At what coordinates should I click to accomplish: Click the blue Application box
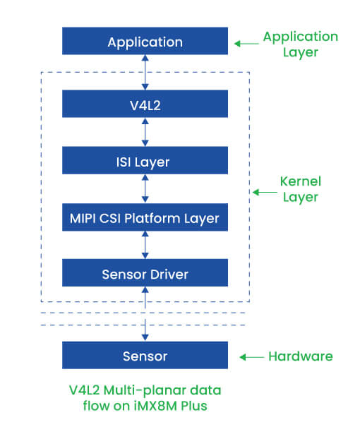click(145, 41)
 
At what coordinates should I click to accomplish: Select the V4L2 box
click(145, 104)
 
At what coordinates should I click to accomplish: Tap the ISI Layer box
click(145, 160)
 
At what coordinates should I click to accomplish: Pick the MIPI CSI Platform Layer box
click(145, 217)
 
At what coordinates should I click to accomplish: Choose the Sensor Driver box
click(145, 272)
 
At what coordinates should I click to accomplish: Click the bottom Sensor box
click(145, 355)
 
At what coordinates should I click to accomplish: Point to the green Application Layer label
click(301, 44)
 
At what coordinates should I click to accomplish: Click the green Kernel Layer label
click(301, 189)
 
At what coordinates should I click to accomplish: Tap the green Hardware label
click(301, 356)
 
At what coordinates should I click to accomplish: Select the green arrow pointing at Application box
click(246, 44)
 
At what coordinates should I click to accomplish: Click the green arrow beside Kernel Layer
click(265, 192)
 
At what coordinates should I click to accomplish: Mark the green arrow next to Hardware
click(252, 357)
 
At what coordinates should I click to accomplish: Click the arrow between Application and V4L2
click(145, 72)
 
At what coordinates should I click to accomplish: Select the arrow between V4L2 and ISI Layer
click(145, 132)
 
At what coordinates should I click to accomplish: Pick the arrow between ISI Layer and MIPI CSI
click(145, 188)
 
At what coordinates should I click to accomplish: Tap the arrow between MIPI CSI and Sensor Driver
click(145, 246)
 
